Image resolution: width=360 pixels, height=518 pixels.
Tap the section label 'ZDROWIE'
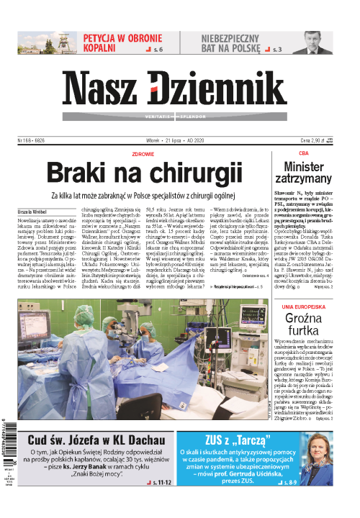144,153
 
